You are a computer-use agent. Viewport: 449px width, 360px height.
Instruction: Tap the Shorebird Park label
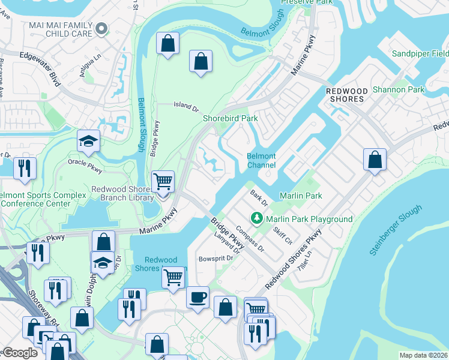(230, 119)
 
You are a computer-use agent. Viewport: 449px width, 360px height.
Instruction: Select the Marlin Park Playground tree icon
(257, 218)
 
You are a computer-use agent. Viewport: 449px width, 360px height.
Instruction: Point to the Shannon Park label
(398, 90)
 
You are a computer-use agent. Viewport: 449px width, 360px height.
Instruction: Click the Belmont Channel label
(261, 160)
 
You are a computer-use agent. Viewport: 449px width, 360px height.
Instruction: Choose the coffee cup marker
(197, 297)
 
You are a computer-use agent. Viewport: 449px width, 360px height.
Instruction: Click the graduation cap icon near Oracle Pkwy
(88, 142)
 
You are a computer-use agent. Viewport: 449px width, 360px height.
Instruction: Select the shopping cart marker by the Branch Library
(163, 181)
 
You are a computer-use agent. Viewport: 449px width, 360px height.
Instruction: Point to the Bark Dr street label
(259, 196)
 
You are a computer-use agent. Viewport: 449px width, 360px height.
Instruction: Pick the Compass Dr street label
(250, 237)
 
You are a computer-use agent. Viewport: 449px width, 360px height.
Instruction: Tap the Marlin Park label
(301, 196)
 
